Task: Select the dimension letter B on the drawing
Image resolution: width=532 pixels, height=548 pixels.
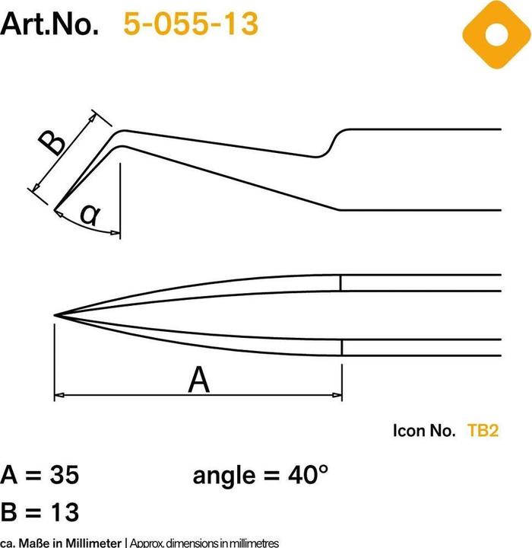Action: point(52,142)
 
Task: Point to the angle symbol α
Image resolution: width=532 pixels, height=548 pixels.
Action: point(90,216)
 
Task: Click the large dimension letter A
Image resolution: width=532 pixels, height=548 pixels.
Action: point(198,379)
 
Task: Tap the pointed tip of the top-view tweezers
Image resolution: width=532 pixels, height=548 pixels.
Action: point(55,314)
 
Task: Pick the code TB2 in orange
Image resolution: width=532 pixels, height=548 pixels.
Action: point(483,431)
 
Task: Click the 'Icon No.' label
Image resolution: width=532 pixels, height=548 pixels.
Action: point(423,431)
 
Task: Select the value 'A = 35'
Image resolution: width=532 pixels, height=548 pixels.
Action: point(40,476)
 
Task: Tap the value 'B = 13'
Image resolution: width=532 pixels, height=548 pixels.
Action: point(40,508)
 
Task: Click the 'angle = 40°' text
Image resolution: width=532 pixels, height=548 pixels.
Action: point(261,476)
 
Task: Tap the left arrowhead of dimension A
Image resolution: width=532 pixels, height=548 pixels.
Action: point(59,395)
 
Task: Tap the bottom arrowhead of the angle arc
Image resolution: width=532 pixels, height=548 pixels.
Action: point(116,231)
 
